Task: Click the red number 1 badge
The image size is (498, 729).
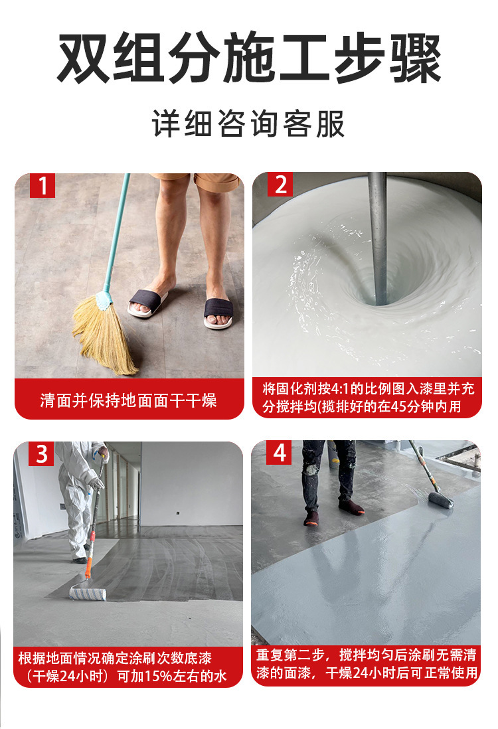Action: point(43,187)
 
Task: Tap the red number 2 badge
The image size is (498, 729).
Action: point(280,185)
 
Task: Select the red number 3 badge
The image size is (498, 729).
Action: point(42,454)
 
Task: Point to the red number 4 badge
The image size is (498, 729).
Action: point(280,453)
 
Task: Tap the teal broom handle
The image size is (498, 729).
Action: point(116,232)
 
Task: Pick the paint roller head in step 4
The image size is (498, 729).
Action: point(440,499)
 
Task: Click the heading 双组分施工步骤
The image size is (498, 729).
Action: point(248,60)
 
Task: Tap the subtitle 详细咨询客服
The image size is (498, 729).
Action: point(248,124)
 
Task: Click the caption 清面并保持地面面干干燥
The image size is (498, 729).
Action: point(128,401)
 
